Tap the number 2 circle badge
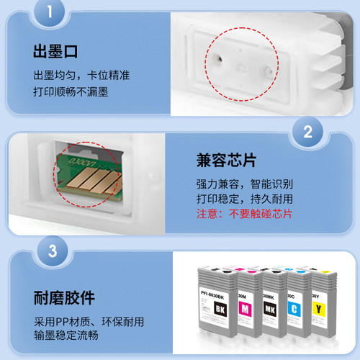tap(307, 132)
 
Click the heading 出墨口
tap(55, 53)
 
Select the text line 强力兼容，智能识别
tap(245, 184)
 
